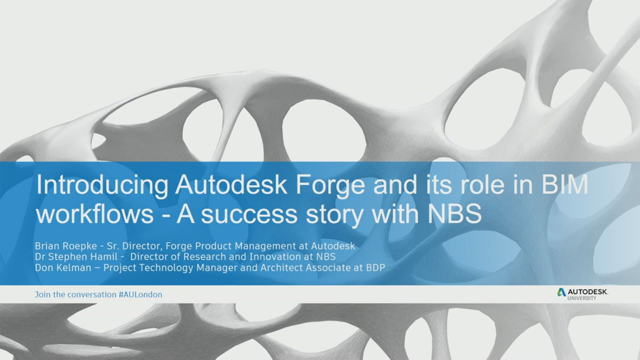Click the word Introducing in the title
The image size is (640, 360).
click(102, 185)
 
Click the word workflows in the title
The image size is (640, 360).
click(95, 214)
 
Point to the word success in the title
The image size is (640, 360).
click(249, 214)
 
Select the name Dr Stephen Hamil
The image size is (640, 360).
click(76, 257)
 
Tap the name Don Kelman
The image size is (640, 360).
click(63, 268)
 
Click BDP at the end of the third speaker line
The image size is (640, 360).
click(375, 268)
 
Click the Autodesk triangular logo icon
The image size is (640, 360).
click(561, 292)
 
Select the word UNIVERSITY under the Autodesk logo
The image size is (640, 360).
click(582, 298)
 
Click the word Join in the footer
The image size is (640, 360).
click(42, 295)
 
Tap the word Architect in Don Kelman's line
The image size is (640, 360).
click(281, 268)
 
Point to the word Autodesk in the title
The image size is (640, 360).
click(231, 185)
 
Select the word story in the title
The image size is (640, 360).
click(334, 214)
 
